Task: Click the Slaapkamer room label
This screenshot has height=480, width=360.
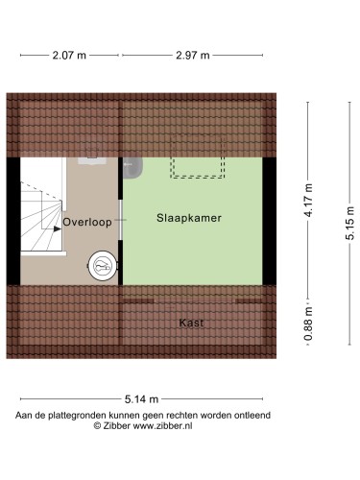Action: (189, 219)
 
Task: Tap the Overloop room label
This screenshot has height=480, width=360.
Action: (87, 222)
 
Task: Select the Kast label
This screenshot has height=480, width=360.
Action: (191, 323)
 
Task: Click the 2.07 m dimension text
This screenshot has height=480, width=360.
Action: (68, 56)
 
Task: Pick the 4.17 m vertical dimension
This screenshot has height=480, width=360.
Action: (309, 201)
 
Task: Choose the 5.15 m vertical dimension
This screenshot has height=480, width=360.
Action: (351, 223)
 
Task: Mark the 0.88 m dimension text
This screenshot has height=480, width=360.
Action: (309, 324)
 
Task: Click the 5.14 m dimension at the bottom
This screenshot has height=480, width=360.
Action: (140, 399)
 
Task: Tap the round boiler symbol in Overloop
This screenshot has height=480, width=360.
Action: (102, 263)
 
